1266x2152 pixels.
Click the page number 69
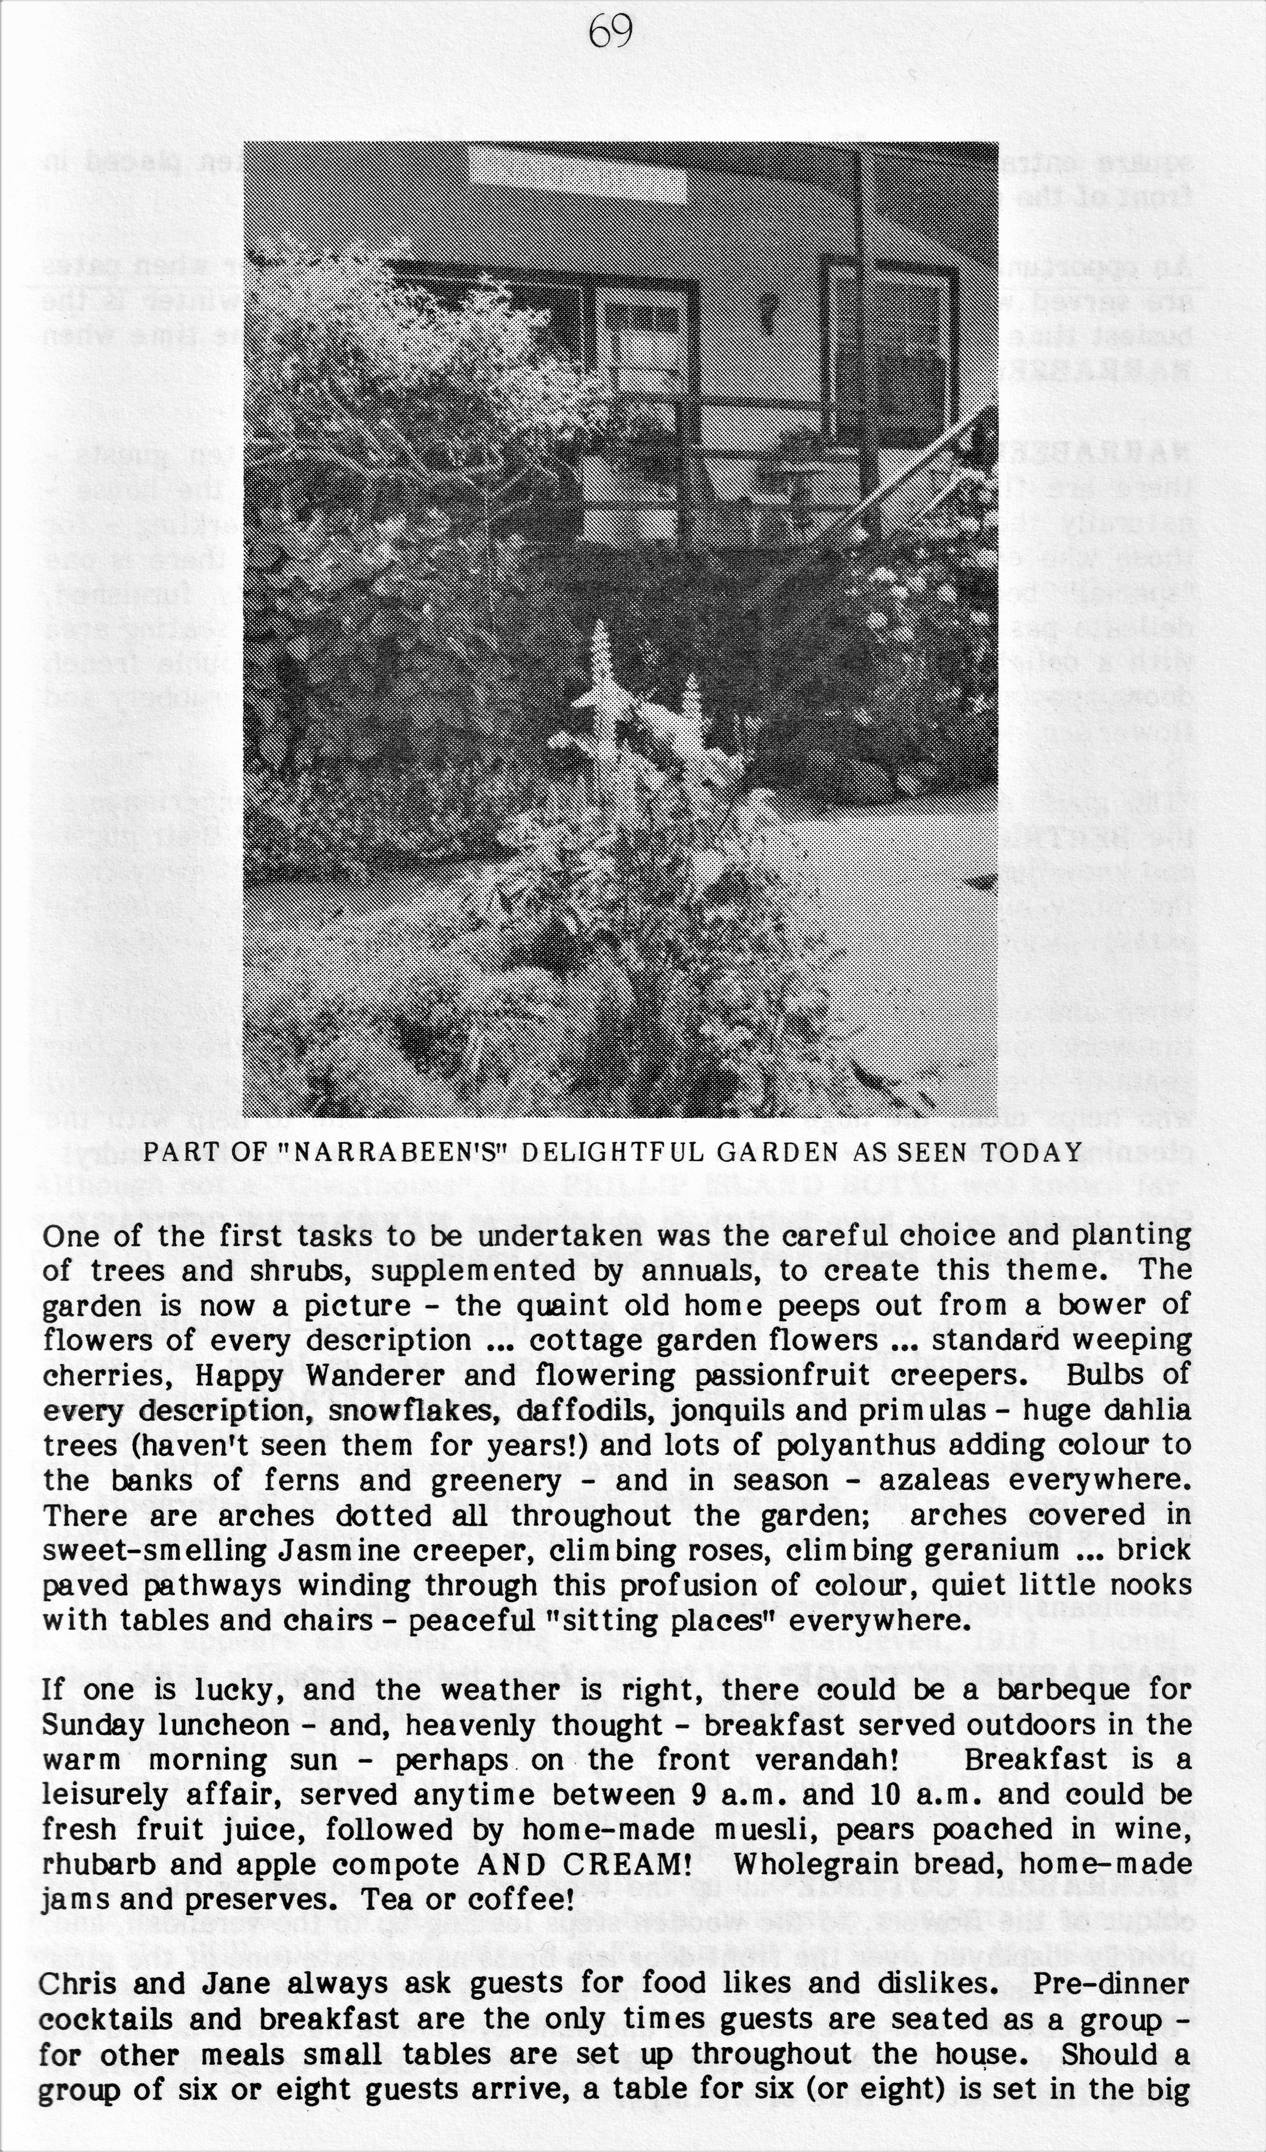pos(611,34)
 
